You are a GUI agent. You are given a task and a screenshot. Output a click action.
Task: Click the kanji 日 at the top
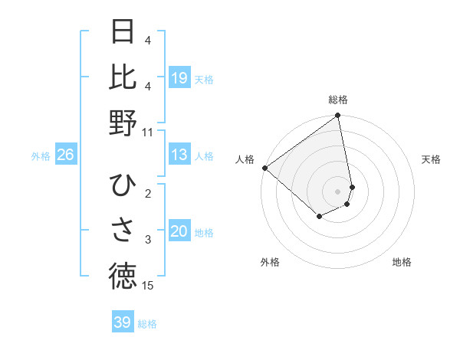tap(123, 31)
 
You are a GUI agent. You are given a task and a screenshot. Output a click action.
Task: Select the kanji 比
tap(123, 77)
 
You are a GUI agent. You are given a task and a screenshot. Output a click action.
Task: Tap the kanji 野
tap(123, 123)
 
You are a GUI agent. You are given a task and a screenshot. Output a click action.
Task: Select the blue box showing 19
tap(179, 77)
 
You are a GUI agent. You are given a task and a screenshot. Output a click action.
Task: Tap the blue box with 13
tap(179, 155)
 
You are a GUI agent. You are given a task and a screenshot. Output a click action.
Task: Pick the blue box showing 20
tap(179, 231)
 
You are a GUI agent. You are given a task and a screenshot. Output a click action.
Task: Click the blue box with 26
tap(65, 155)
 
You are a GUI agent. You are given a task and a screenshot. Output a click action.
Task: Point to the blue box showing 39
tap(122, 322)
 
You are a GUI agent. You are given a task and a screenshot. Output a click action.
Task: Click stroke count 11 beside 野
tap(147, 132)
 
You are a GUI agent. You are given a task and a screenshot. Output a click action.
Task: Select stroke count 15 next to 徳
tap(147, 286)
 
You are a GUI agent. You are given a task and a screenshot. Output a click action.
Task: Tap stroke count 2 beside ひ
tap(147, 194)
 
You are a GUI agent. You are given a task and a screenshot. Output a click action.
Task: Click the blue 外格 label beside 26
tap(41, 156)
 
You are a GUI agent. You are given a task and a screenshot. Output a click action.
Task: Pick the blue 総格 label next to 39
tap(147, 324)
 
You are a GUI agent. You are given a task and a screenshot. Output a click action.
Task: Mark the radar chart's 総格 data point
tap(337, 116)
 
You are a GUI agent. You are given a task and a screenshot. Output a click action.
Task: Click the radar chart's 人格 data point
tap(264, 168)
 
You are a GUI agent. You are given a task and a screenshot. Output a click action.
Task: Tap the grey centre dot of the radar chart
tap(337, 191)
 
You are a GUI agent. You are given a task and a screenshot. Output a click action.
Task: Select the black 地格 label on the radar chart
tap(402, 262)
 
